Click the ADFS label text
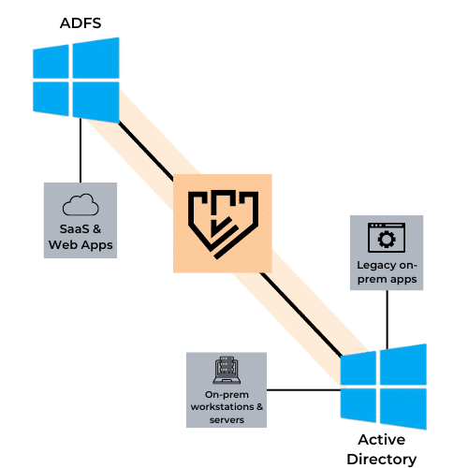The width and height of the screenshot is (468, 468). (x=80, y=23)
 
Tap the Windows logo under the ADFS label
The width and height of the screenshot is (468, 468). (x=76, y=80)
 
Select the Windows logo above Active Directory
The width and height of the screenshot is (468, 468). (x=384, y=387)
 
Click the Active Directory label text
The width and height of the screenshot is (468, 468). (x=382, y=449)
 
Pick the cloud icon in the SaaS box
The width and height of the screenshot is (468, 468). (x=80, y=204)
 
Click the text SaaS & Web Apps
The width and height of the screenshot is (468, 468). (x=80, y=237)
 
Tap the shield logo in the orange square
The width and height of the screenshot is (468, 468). (x=223, y=224)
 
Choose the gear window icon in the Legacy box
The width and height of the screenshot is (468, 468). (x=387, y=238)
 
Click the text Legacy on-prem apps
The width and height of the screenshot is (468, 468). (x=387, y=272)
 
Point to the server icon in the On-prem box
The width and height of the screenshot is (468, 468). (x=227, y=371)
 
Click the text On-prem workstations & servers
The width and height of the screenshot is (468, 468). (x=227, y=407)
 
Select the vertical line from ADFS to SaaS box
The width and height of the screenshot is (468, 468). (x=80, y=151)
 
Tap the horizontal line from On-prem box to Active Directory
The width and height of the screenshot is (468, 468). (x=303, y=390)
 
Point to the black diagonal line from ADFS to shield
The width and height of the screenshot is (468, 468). (x=146, y=151)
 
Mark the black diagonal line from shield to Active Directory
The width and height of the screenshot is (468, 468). (x=301, y=314)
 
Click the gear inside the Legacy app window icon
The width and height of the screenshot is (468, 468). (x=387, y=240)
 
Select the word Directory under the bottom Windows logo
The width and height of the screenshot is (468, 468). (x=382, y=460)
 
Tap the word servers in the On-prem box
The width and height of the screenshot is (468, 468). (x=227, y=420)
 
